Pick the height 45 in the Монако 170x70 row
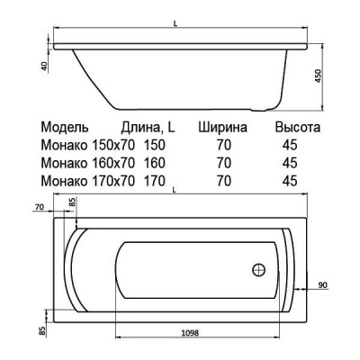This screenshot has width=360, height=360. pyautogui.click(x=290, y=181)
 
